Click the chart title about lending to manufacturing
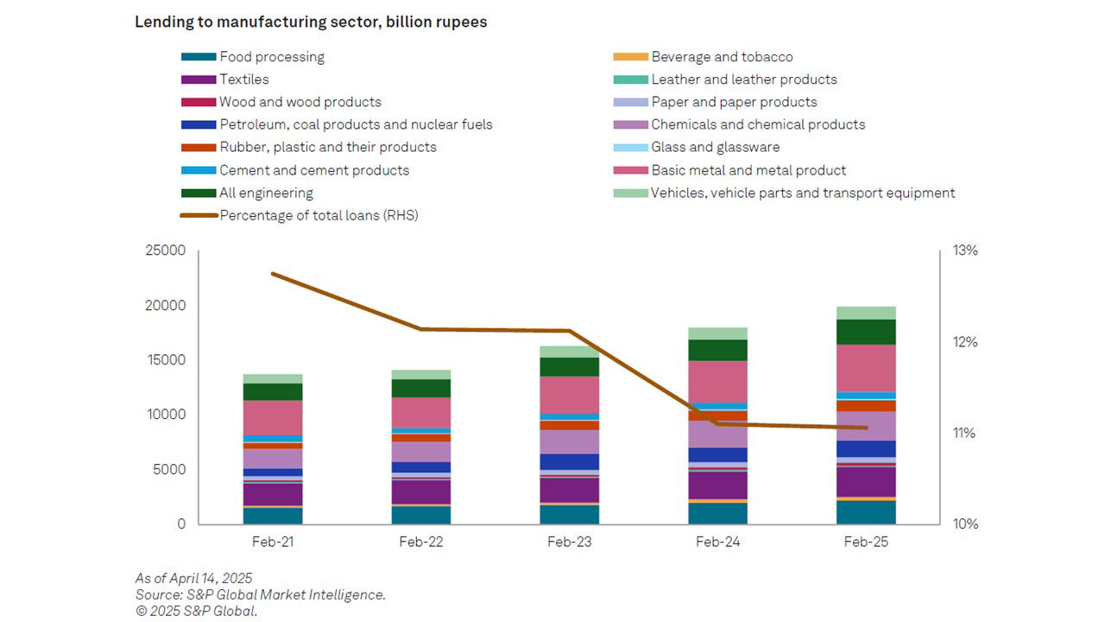[x=311, y=22]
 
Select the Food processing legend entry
[x=271, y=57]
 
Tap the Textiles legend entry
[x=243, y=79]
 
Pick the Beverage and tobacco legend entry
[x=721, y=57]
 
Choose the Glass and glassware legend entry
[x=715, y=147]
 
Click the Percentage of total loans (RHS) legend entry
[x=318, y=215]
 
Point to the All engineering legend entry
[x=266, y=193]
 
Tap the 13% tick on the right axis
[x=965, y=251]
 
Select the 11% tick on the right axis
[x=964, y=433]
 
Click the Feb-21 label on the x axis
[x=273, y=543]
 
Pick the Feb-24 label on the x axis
[x=718, y=543]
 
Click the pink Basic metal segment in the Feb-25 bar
[x=866, y=368]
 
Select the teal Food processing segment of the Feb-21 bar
[x=273, y=516]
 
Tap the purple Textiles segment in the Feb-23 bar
[x=570, y=489]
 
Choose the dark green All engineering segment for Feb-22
[x=421, y=388]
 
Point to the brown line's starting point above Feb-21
[x=273, y=274]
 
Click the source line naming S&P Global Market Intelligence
[x=260, y=594]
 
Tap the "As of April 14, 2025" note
[x=193, y=578]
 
